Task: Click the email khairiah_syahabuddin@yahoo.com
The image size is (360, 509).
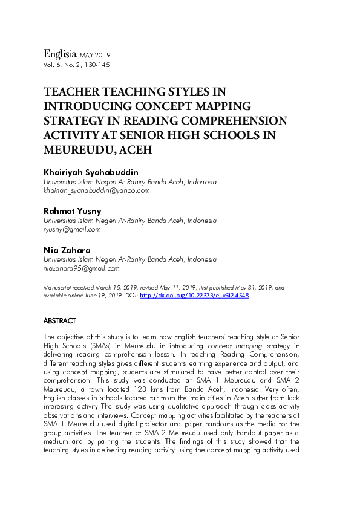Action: point(95,190)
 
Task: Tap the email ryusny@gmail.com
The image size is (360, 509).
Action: point(72,230)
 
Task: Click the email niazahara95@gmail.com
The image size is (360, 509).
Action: point(81,268)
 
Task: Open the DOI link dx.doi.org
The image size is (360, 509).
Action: point(194,296)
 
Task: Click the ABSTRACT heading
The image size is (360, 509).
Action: point(60,320)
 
